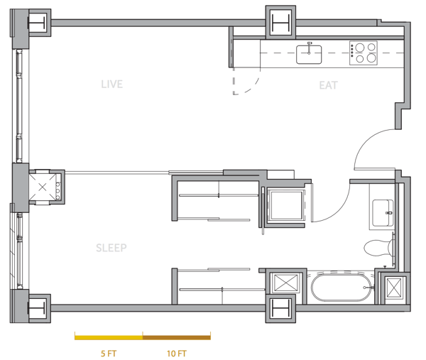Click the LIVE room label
pyautogui.click(x=112, y=84)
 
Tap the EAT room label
pyautogui.click(x=329, y=85)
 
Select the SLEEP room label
pyautogui.click(x=111, y=248)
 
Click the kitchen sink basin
pyautogui.click(x=309, y=55)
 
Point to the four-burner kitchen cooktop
pyautogui.click(x=364, y=53)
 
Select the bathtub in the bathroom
pyautogui.click(x=342, y=287)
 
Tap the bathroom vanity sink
pyautogui.click(x=383, y=213)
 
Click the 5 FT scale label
pyautogui.click(x=109, y=354)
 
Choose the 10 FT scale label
pyautogui.click(x=177, y=354)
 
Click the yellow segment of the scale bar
pyautogui.click(x=109, y=338)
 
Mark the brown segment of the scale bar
pyautogui.click(x=177, y=338)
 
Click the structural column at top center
pyautogui.click(x=280, y=23)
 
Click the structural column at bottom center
pyautogui.click(x=280, y=309)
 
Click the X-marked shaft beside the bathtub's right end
pyautogui.click(x=393, y=288)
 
